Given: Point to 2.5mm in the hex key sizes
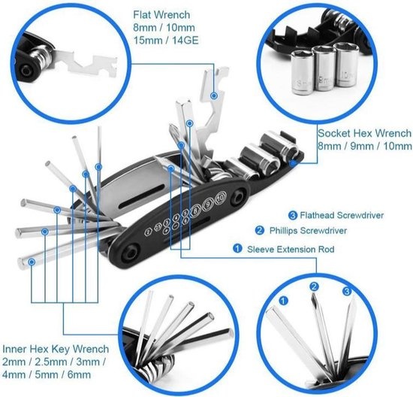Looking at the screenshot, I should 54,363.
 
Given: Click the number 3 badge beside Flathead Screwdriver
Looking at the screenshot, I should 293,215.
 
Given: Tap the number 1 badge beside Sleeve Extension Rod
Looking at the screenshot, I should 237,247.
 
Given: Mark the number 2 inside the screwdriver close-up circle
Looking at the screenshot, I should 315,286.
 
